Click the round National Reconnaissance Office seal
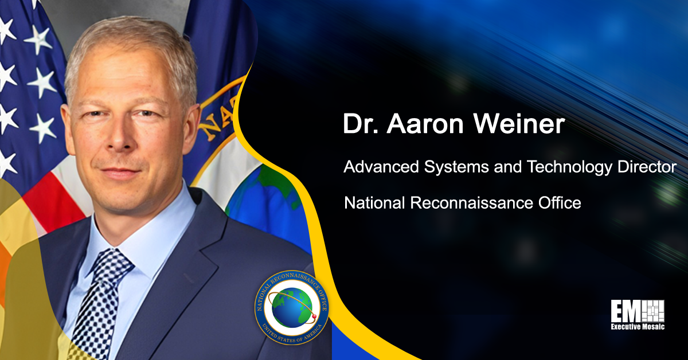click(x=291, y=307)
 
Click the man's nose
click(x=123, y=143)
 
